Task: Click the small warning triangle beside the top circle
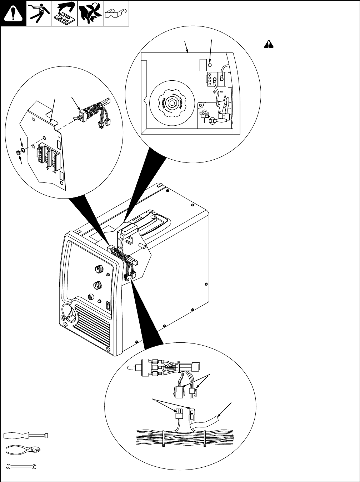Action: click(x=269, y=44)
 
